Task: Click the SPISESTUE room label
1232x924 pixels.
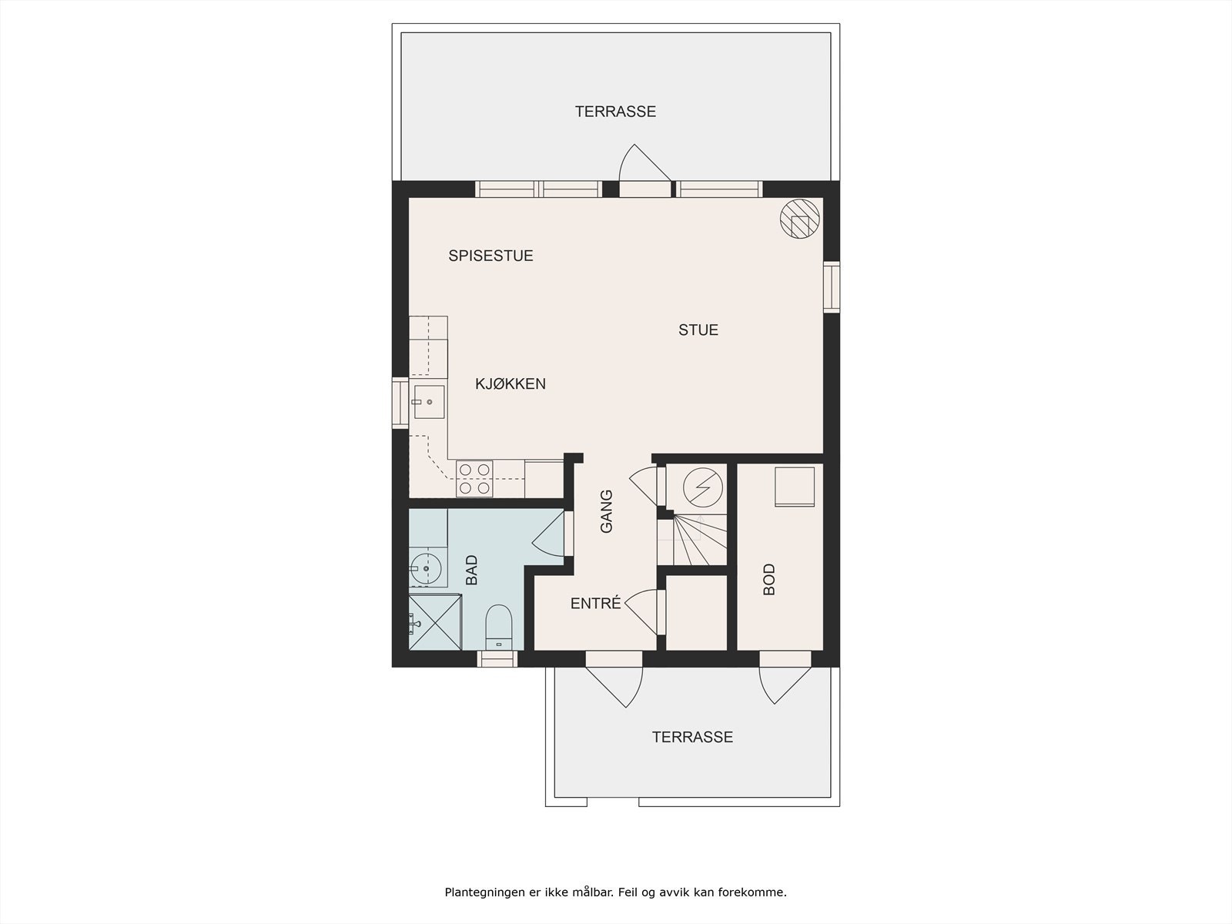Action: coord(490,256)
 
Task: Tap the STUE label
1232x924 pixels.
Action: coord(698,330)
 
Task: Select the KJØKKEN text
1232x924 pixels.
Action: coord(510,383)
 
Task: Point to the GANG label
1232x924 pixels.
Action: coord(606,511)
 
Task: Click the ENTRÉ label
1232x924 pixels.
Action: coord(595,604)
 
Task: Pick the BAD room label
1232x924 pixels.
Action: coord(471,570)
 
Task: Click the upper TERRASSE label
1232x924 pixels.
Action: coord(615,112)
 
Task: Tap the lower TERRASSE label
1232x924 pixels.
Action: coord(692,737)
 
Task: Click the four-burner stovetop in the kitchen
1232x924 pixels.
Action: coord(474,477)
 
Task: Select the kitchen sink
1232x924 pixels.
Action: coord(428,402)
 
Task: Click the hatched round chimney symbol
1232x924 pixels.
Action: coord(800,219)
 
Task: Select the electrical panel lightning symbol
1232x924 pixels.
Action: coord(702,487)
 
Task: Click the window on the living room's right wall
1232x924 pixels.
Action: coord(831,286)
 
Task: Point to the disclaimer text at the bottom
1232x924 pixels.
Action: coord(615,892)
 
